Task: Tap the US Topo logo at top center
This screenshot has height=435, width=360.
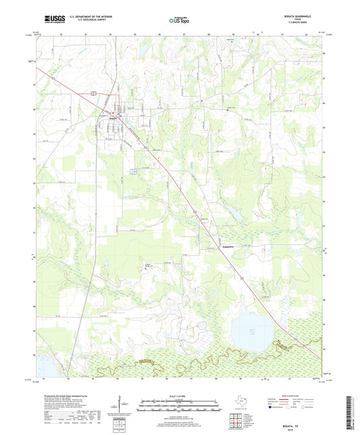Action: pos(179,21)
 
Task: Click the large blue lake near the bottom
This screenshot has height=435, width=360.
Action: pos(247,330)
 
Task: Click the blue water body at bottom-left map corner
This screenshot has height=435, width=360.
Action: pos(40,364)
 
